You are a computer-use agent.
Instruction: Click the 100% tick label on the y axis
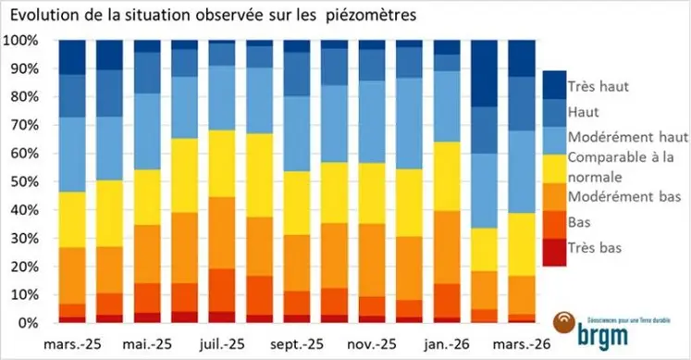[21, 42]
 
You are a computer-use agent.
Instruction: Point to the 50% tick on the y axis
[24, 182]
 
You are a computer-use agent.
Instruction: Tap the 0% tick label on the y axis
[28, 323]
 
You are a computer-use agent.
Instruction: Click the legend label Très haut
[599, 86]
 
